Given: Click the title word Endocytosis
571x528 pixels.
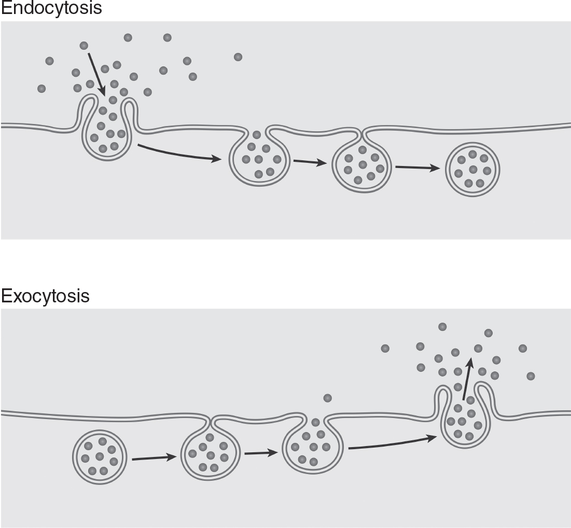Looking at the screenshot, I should tap(51, 8).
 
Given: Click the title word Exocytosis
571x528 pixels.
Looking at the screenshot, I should tap(45, 296).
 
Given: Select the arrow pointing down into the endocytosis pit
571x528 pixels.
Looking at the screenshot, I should tap(96, 73).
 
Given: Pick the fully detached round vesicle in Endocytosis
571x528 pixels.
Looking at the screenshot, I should tap(473, 169).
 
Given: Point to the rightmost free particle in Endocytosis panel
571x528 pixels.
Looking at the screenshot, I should tap(238, 57).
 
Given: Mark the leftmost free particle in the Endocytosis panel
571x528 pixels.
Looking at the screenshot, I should tap(41, 89).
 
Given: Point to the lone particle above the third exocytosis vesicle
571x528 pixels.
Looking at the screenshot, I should tap(327, 398).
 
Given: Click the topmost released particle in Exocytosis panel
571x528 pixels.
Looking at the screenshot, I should tap(442, 326).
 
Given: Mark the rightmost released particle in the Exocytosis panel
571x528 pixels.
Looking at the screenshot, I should tap(530, 376).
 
